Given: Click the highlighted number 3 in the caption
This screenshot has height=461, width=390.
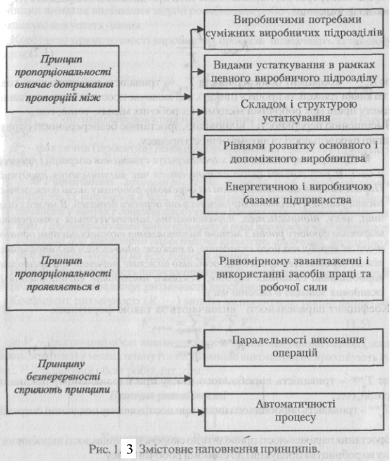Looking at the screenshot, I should click(x=129, y=450).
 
